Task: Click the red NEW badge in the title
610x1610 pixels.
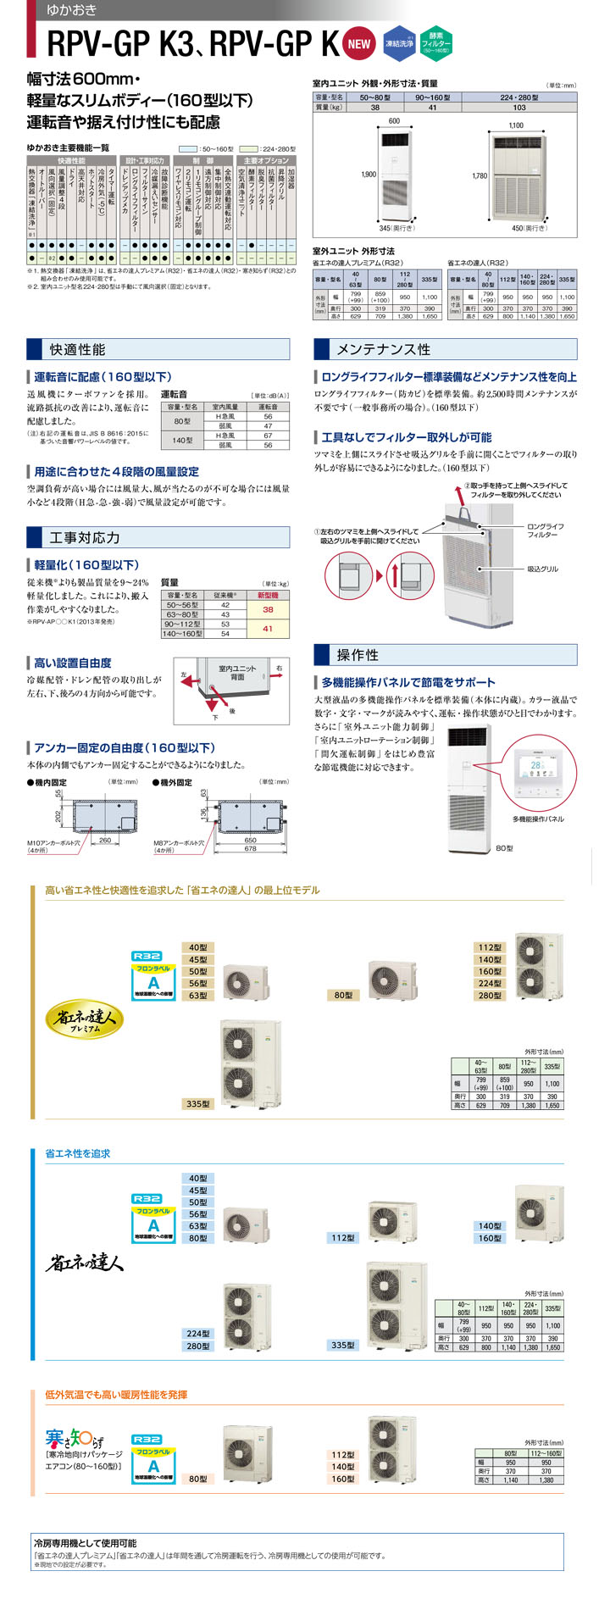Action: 359,44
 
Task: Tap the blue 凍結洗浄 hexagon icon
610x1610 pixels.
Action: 399,43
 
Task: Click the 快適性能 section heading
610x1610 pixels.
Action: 77,349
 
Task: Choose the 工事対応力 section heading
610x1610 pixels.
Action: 85,537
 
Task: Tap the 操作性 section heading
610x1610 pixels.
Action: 358,654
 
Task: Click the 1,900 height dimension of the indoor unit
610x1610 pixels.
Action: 368,175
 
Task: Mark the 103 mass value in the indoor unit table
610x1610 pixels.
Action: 518,108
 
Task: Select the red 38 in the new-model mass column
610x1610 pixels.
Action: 268,609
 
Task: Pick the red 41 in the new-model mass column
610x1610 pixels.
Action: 268,629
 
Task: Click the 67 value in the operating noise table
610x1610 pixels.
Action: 268,436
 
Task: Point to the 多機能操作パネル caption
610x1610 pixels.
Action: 538,819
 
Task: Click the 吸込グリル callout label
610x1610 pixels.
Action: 542,569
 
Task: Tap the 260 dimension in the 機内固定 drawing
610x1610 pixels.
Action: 105,841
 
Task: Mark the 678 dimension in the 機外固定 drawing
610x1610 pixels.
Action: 250,848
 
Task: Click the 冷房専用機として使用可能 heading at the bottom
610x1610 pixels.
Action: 85,1543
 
